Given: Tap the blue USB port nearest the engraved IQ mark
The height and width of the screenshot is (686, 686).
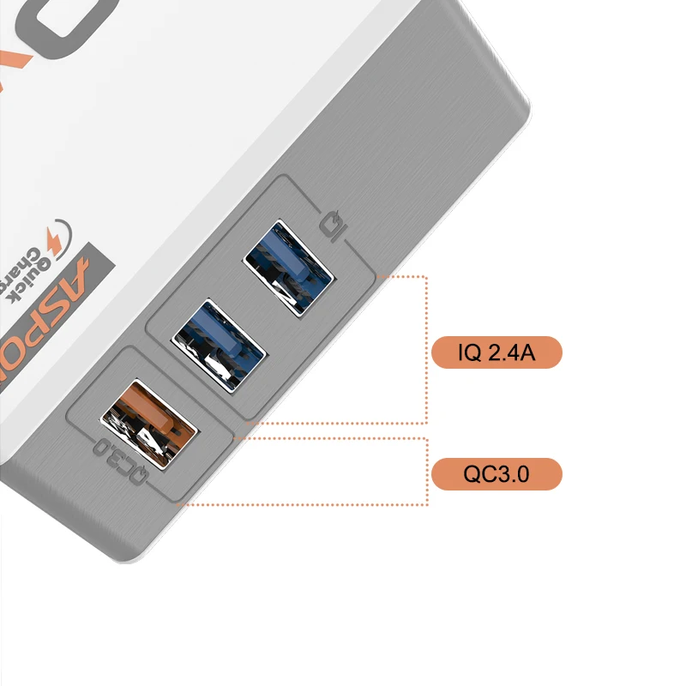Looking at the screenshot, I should pos(289,265).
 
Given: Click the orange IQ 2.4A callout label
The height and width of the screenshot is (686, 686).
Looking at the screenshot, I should pos(496,352).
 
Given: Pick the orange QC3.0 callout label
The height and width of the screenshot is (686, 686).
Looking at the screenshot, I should pos(496,473).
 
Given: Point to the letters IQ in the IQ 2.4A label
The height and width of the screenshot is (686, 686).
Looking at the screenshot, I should pos(470,352).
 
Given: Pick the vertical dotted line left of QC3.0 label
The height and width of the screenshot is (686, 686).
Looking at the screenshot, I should pos(426,472).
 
